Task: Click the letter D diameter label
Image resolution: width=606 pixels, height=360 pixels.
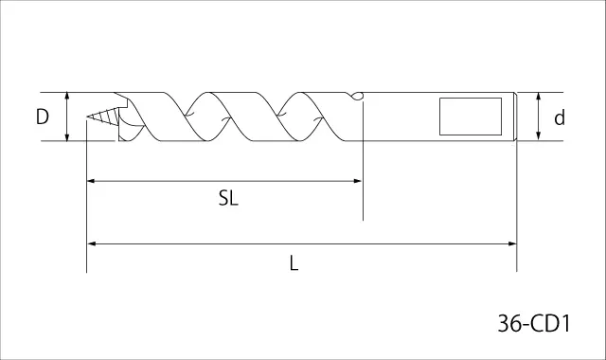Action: (42, 117)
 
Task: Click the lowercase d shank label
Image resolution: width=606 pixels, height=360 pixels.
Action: (560, 117)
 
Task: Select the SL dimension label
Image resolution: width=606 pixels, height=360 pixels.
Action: (228, 198)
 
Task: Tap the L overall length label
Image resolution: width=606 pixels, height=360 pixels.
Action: (294, 263)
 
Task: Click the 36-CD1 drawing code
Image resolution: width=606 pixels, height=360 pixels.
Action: (534, 323)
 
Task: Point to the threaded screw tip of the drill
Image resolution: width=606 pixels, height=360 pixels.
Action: (102, 117)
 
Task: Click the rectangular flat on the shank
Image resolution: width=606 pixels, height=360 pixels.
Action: (471, 117)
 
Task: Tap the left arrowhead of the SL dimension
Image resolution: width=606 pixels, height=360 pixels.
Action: (92, 181)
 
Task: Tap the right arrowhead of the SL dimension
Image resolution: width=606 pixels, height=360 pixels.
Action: (357, 181)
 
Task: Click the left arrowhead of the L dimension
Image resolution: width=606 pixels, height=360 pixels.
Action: (92, 243)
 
